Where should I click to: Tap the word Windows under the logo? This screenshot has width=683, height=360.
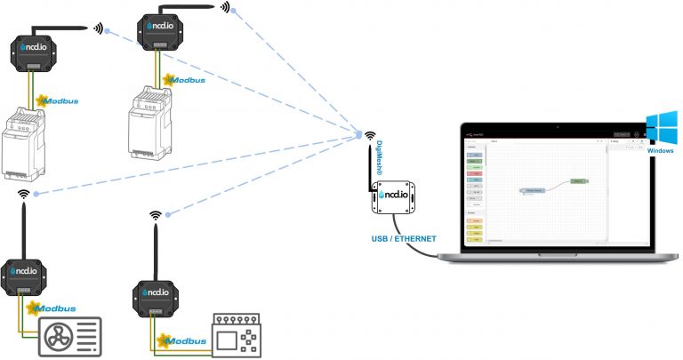click(661, 151)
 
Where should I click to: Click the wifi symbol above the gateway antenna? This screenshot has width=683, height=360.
click(368, 136)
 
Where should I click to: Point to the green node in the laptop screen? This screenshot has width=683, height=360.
click(578, 180)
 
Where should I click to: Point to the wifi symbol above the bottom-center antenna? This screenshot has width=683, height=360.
click(156, 215)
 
